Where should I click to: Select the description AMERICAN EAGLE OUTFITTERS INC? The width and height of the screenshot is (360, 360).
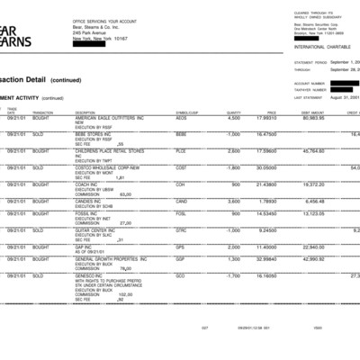[110, 118]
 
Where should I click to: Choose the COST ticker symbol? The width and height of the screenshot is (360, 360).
[182, 167]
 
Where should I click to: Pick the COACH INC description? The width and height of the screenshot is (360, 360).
[90, 184]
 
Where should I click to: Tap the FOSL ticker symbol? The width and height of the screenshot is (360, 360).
[182, 213]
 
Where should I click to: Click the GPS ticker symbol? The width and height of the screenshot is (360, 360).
[181, 247]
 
